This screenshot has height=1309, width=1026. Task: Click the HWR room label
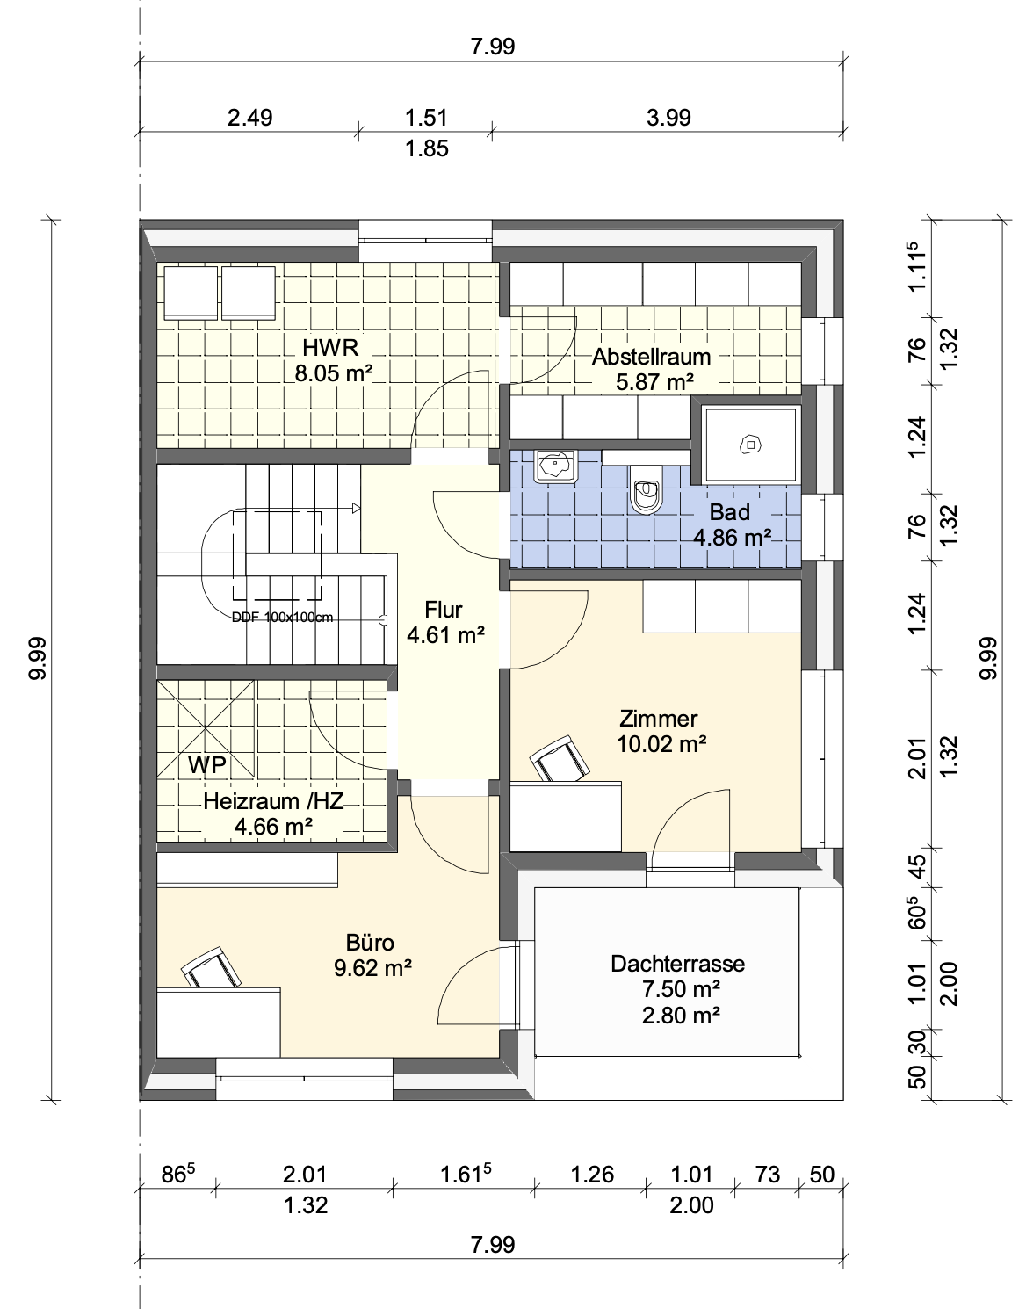[330, 348]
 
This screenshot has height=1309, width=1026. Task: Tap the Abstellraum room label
[652, 357]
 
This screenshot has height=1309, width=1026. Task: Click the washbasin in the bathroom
[555, 466]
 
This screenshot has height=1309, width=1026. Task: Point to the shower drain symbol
[750, 445]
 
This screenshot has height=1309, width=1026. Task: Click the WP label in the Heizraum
[207, 764]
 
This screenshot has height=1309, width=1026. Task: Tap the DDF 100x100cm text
[282, 618]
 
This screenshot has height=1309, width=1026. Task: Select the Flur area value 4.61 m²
[445, 635]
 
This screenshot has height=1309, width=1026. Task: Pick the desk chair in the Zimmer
[560, 759]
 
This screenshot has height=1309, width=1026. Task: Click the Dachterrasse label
[677, 963]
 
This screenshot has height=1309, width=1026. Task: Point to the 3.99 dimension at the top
[668, 117]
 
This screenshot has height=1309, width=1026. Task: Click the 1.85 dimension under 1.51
[426, 148]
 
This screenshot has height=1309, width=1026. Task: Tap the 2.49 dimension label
[249, 117]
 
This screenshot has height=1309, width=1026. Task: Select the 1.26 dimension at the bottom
[592, 1174]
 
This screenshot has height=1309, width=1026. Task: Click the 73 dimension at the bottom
[767, 1174]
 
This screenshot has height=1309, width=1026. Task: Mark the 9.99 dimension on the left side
[37, 659]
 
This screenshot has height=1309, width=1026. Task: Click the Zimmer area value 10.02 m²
[661, 744]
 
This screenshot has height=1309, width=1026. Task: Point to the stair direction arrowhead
[357, 509]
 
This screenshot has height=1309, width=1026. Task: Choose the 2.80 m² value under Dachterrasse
[681, 1016]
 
